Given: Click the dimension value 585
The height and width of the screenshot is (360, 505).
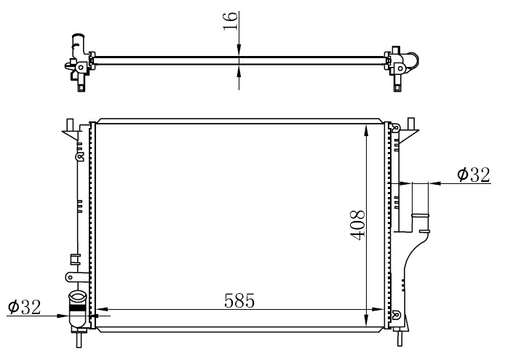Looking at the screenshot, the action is coord(239,301).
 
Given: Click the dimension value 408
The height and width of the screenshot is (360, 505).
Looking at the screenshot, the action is coord(357,225).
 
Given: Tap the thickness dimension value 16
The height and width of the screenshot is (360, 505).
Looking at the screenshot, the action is coord(230,21).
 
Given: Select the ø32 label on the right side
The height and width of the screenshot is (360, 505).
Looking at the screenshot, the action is coord(474,175).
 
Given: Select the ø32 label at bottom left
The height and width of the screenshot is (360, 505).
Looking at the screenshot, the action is coord(25,307).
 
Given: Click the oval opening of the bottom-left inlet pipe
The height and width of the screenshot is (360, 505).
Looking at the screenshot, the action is coord(77,295).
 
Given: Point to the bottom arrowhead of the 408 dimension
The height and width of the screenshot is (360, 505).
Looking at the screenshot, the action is coord(366,319).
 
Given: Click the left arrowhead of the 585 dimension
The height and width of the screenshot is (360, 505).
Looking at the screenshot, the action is coord(103,309).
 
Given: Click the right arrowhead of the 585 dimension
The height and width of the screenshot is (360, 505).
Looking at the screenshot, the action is coord(378,309).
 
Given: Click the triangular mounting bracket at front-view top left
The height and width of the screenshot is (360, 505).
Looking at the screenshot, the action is coord(71,134).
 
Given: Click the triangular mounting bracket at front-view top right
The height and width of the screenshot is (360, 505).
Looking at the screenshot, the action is coord(408,135).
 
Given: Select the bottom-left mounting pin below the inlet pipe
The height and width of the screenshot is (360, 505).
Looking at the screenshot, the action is coord(79,339).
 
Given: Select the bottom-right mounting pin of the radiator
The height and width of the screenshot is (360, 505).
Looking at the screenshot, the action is coord(399,338).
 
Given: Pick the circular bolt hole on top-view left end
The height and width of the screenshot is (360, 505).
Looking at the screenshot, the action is coord(81,68).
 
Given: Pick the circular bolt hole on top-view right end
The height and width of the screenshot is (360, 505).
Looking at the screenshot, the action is coord(400,68).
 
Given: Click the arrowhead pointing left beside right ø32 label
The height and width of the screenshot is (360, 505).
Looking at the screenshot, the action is coord(435,183).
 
